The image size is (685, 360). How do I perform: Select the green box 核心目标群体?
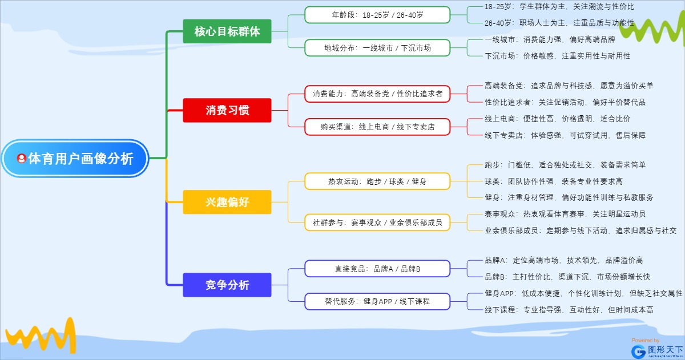(227, 31)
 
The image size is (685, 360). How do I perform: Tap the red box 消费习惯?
(227, 110)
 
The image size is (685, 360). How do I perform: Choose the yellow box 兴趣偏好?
(227, 202)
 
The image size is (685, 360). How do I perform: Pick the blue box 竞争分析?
(227, 285)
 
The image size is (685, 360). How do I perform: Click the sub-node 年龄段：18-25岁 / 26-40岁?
(377, 15)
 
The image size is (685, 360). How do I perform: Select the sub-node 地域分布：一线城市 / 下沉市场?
(377, 48)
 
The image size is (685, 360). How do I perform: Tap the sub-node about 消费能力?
(377, 94)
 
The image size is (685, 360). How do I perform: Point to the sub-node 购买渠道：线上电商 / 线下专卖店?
(377, 127)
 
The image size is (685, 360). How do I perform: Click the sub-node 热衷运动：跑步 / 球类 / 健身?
(377, 181)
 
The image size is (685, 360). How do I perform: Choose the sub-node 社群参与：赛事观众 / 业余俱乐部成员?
(377, 222)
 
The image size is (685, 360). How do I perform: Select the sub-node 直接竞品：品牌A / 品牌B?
(377, 268)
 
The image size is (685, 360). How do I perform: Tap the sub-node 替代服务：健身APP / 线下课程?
(377, 301)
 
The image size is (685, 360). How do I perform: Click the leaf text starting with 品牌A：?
(563, 260)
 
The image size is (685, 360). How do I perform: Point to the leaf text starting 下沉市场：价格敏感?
(557, 56)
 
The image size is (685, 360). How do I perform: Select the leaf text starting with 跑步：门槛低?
(565, 165)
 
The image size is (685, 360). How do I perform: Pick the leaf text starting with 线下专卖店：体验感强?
(565, 135)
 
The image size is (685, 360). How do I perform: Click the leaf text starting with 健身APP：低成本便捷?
(583, 293)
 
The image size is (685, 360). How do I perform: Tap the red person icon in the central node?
(22, 159)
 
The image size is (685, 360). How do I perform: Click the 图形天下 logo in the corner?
(656, 349)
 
